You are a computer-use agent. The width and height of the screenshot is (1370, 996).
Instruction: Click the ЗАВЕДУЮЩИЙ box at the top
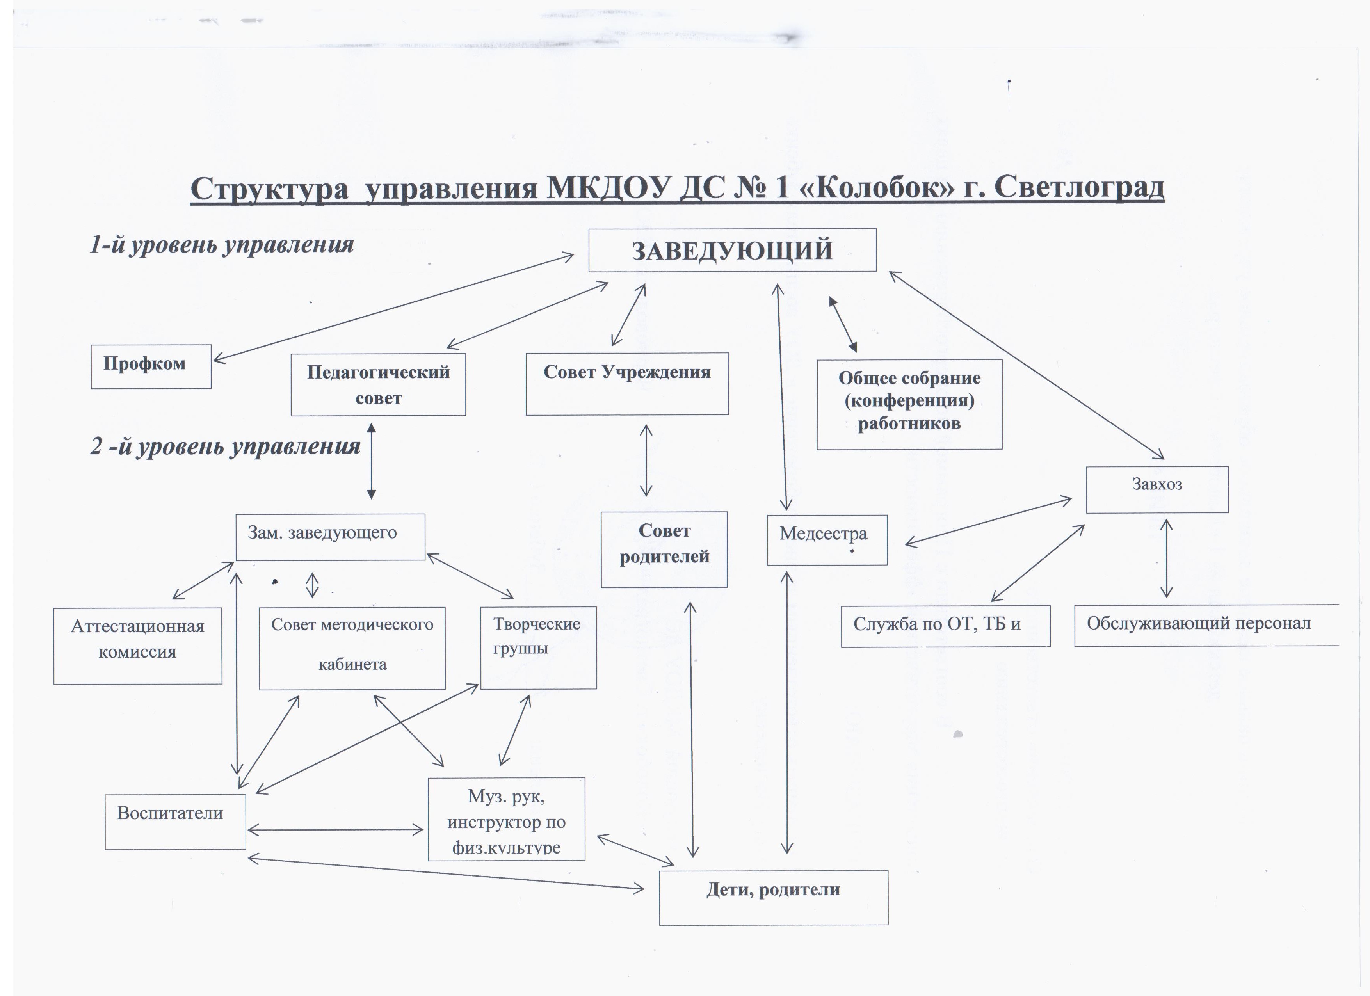(x=732, y=250)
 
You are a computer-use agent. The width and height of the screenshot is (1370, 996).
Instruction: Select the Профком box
(x=151, y=366)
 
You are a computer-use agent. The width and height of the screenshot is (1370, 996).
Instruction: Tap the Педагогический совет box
(x=378, y=385)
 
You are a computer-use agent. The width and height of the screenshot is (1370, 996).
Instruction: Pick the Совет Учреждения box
(x=627, y=384)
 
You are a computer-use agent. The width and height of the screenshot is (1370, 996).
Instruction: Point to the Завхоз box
(x=1157, y=490)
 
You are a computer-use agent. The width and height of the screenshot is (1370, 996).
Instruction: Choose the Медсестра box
(x=827, y=540)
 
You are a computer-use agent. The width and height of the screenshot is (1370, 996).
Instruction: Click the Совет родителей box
(x=664, y=550)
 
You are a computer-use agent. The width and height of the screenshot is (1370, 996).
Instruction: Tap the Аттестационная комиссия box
(x=138, y=646)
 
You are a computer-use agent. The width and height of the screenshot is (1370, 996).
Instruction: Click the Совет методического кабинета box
(x=352, y=648)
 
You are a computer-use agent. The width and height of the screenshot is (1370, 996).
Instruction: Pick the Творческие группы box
(x=538, y=647)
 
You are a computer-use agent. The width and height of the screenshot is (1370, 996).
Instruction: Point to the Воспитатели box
(x=175, y=822)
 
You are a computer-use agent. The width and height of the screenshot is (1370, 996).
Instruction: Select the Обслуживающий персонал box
(x=1206, y=625)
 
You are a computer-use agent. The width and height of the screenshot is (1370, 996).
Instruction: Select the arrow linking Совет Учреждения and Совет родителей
(x=646, y=460)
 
